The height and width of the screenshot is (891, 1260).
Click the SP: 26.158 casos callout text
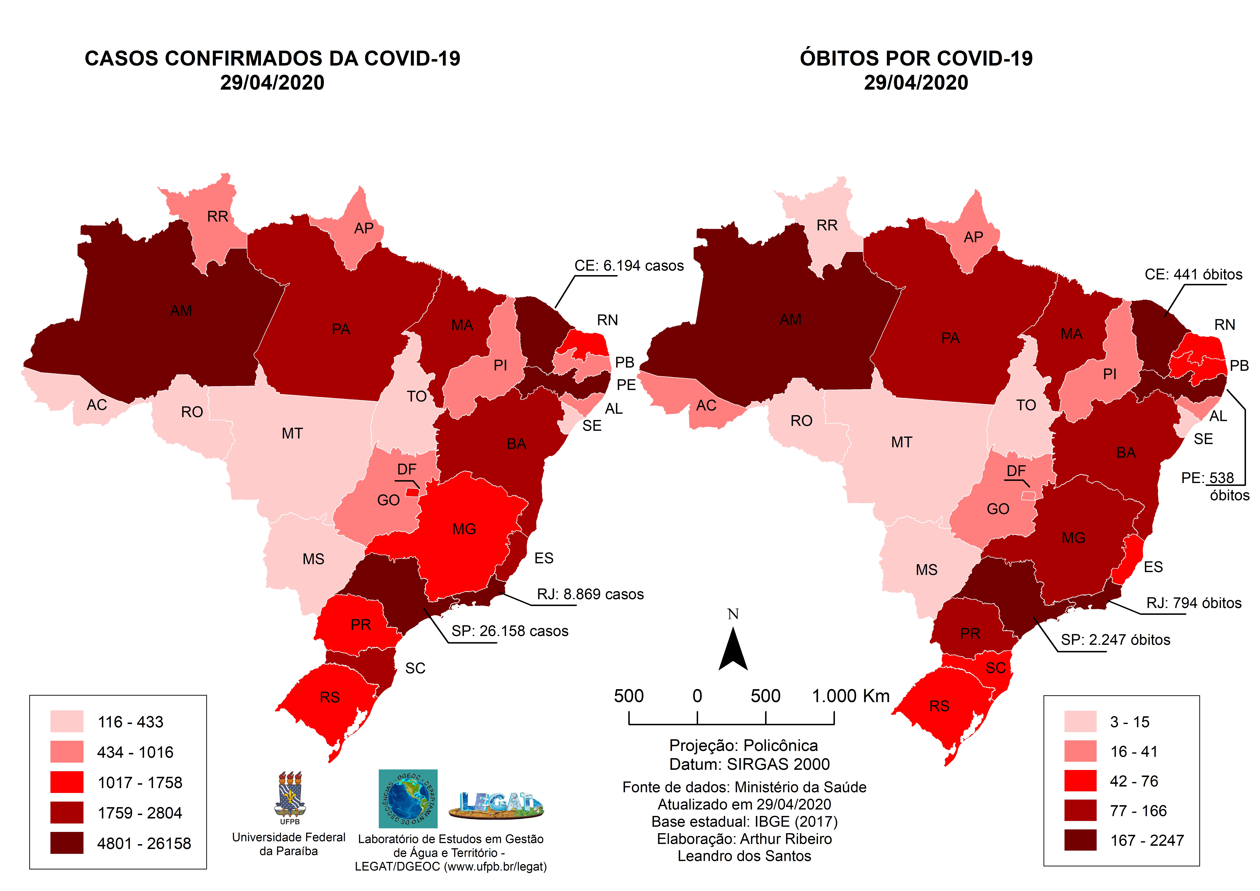[x=509, y=631]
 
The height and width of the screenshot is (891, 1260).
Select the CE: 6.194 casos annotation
[x=629, y=266]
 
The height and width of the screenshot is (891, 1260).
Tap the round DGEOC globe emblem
[x=408, y=799]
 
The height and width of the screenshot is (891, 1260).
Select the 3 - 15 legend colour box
[x=1080, y=721]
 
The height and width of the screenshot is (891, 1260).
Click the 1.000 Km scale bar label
[x=850, y=696]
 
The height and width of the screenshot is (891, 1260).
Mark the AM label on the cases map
[x=181, y=311]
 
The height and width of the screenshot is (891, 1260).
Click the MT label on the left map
[x=292, y=434]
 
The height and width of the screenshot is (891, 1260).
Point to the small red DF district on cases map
[x=413, y=492]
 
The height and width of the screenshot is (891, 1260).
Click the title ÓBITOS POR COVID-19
[x=916, y=58]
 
